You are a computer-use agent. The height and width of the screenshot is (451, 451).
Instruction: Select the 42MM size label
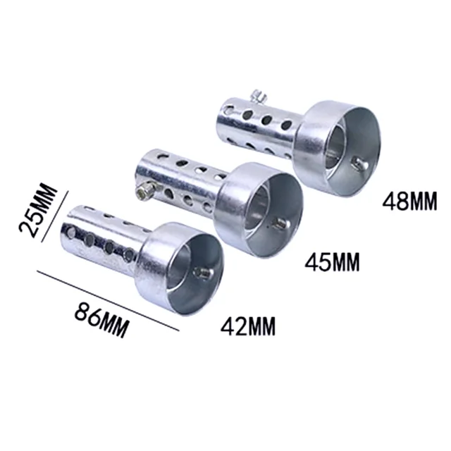pyautogui.click(x=247, y=326)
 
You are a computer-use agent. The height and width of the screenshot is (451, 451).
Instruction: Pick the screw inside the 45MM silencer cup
pyautogui.click(x=278, y=226)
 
